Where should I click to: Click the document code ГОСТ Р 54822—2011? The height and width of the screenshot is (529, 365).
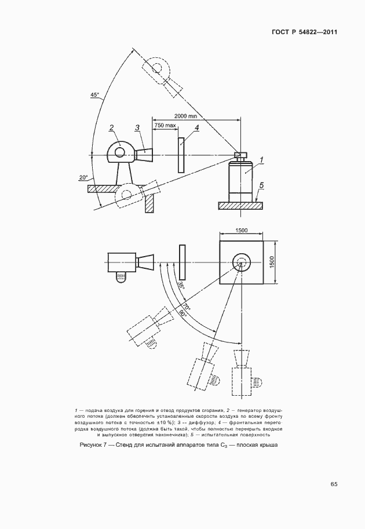click(x=304, y=33)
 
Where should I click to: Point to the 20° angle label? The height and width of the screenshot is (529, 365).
click(x=83, y=177)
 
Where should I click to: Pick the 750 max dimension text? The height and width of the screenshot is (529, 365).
click(x=165, y=126)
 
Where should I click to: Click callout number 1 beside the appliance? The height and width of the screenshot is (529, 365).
click(x=261, y=158)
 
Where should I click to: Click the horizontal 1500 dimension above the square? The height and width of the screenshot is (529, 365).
click(x=241, y=231)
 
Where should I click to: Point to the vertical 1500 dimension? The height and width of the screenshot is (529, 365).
click(x=272, y=262)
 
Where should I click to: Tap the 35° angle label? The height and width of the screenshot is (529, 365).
click(x=181, y=285)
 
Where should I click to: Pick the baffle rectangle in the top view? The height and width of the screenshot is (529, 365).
click(x=183, y=262)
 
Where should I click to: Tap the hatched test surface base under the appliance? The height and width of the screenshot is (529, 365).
click(x=240, y=205)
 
